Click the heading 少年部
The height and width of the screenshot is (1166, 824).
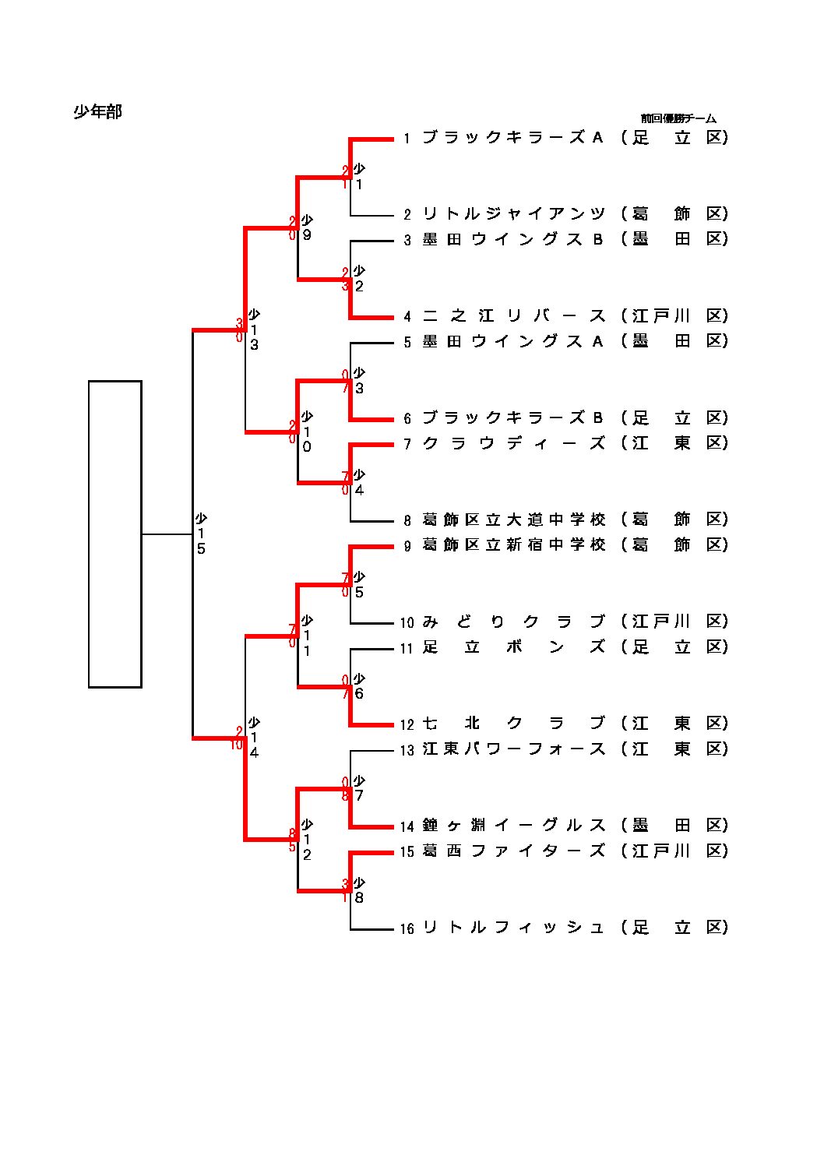pyautogui.click(x=97, y=112)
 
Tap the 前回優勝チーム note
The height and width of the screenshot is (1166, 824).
pyautogui.click(x=678, y=118)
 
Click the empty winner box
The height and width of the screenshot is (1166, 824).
pyautogui.click(x=114, y=534)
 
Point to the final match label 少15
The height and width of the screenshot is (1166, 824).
pyautogui.click(x=201, y=534)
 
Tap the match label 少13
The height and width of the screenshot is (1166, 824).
pyautogui.click(x=254, y=329)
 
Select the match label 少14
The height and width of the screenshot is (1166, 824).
pyautogui.click(x=254, y=737)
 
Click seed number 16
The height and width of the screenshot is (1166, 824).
pyautogui.click(x=407, y=928)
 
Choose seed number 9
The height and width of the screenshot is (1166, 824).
pyautogui.click(x=407, y=546)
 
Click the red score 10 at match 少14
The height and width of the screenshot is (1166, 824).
pyautogui.click(x=237, y=745)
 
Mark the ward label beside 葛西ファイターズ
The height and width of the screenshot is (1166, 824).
pyautogui.click(x=674, y=851)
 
